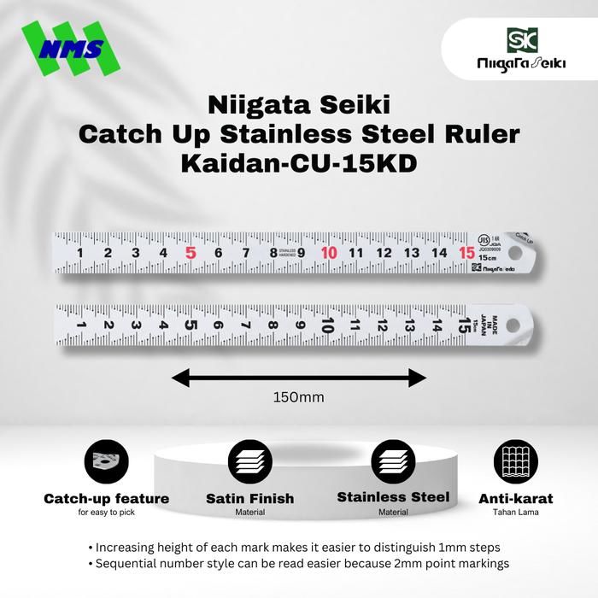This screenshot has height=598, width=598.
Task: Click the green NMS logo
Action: (73, 50)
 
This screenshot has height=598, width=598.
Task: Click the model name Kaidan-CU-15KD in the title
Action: (299, 163)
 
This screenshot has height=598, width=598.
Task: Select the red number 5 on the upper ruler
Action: (191, 253)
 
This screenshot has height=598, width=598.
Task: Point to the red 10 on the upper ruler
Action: (329, 253)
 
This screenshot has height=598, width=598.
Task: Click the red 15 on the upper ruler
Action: (466, 252)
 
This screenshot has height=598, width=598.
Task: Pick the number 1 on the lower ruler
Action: (80, 325)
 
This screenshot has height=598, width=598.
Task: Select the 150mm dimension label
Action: (298, 397)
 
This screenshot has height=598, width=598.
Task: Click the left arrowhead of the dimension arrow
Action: (178, 377)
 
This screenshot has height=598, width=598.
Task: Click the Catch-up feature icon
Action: (106, 464)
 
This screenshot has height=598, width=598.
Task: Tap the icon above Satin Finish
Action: (249, 464)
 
